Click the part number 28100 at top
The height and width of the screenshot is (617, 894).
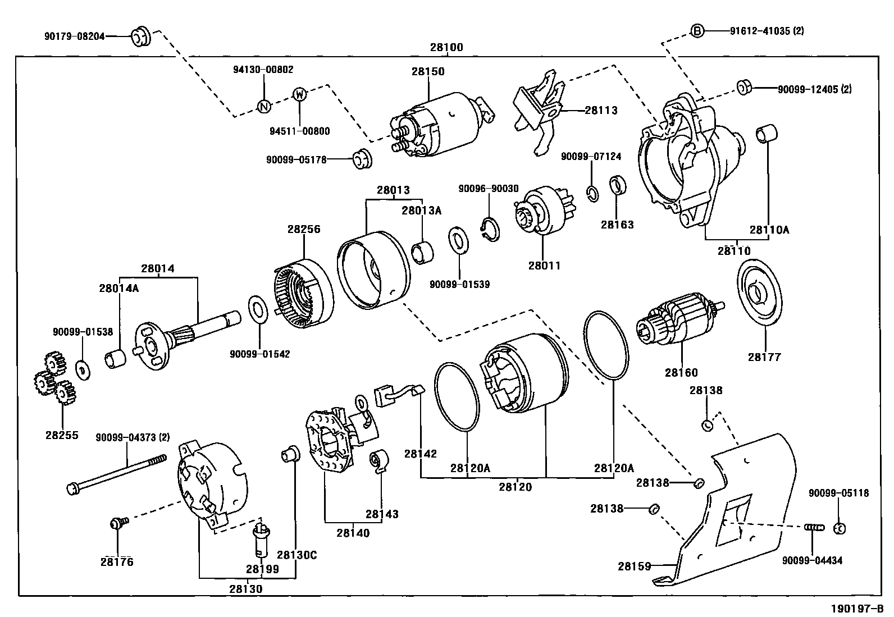[x=446, y=48]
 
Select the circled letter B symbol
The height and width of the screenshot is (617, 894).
[x=696, y=31]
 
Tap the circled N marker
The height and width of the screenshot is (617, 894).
[x=263, y=106]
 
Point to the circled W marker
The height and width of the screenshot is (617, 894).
[x=300, y=94]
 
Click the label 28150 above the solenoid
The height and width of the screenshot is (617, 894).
[x=427, y=72]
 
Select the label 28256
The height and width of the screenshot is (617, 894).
[x=304, y=229]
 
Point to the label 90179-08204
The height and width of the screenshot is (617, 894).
[x=74, y=36]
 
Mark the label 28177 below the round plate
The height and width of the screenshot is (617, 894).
[x=764, y=357]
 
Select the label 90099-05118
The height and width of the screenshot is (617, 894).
[x=838, y=493]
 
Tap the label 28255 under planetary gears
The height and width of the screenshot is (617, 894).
[x=62, y=435]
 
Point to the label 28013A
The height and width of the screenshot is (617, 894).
[x=421, y=211]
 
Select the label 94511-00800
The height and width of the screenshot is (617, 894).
[x=299, y=131]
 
